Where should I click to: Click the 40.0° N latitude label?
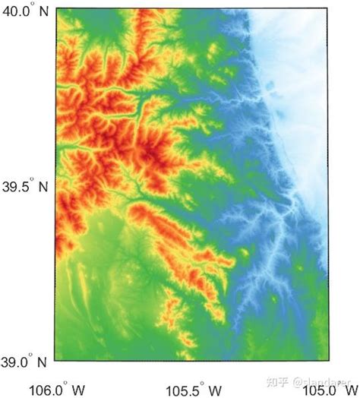click(26, 11)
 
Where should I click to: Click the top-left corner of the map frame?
click(55, 6)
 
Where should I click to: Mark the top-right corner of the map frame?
click(329, 6)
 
